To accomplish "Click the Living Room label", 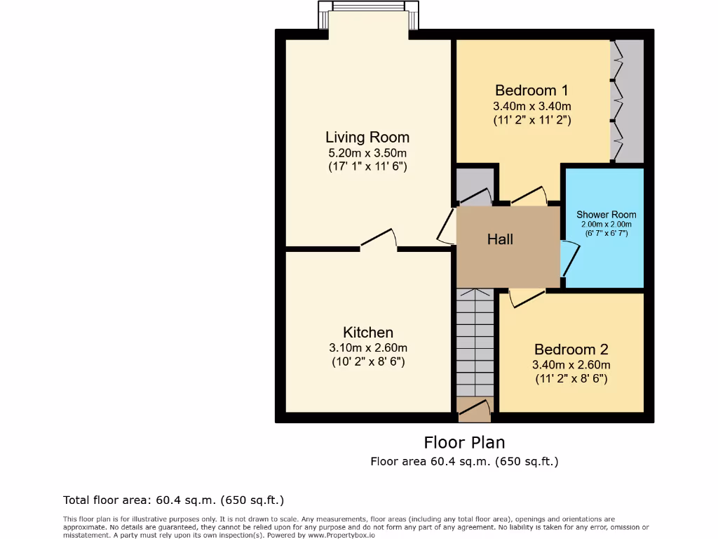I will tap(367, 137).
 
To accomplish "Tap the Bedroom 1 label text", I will tap(531, 91).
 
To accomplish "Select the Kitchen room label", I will tap(367, 332).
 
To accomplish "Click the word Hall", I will tap(500, 239).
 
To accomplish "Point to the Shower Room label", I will tap(606, 215).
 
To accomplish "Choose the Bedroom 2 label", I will tap(571, 350).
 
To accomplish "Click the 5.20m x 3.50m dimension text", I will tap(367, 153).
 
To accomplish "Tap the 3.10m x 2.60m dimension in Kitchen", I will tap(367, 347).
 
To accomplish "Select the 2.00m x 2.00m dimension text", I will tap(606, 224).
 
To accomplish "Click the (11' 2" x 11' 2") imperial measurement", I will tap(531, 120).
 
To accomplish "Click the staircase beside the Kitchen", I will tap(475, 344).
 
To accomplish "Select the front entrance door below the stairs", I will tap(475, 411).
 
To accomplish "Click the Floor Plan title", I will tap(464, 443).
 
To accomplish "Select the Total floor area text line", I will tap(173, 500).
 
